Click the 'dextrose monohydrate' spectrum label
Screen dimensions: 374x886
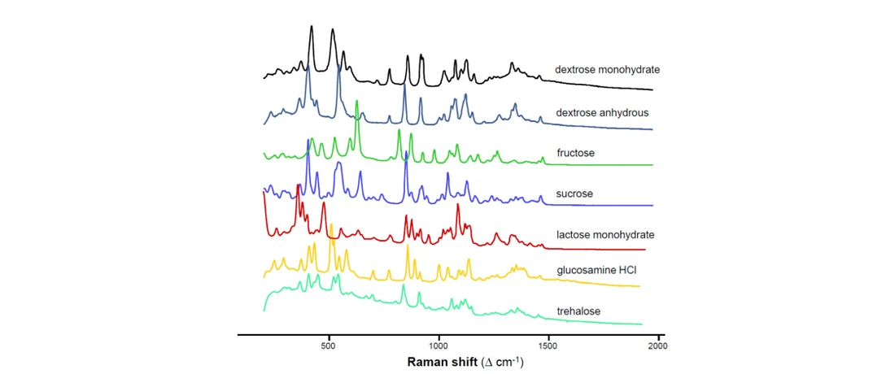pos(607,70)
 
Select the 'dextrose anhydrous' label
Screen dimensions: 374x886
pos(601,112)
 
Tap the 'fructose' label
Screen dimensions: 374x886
pos(575,153)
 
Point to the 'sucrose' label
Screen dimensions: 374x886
pos(574,194)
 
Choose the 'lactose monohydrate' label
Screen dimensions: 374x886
pos(605,235)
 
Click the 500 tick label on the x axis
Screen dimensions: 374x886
pos(329,345)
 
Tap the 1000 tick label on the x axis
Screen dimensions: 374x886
pos(439,345)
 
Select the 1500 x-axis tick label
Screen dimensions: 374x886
pos(548,345)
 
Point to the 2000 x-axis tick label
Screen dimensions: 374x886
pos(657,345)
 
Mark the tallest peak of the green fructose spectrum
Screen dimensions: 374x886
pos(357,101)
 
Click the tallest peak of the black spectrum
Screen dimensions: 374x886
pos(312,26)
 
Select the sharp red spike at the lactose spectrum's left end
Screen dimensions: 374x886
pos(264,192)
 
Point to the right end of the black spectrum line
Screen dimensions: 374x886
pos(653,89)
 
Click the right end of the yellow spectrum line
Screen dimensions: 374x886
pos(640,286)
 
